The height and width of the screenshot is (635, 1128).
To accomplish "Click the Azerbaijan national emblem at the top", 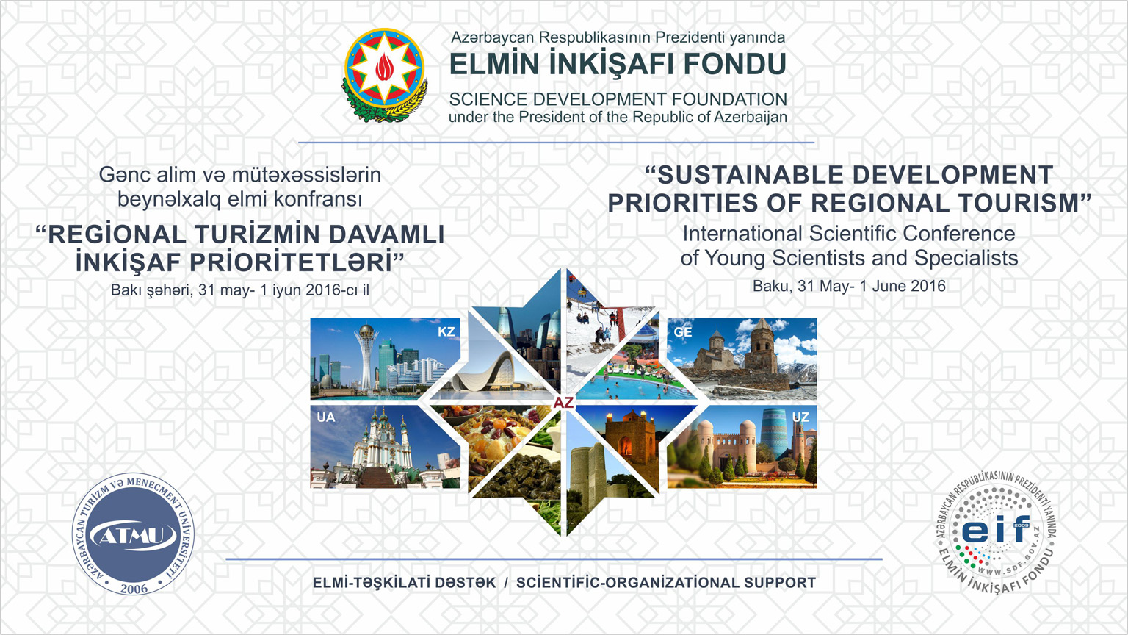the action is click(x=386, y=74).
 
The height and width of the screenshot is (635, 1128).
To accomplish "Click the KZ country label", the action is click(x=446, y=331).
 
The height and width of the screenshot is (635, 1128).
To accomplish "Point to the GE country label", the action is click(x=683, y=332).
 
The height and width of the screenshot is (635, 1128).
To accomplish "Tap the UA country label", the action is click(x=326, y=417).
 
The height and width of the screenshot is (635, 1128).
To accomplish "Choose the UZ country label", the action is click(x=800, y=417).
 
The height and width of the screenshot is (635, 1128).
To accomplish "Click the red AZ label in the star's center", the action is click(x=563, y=403).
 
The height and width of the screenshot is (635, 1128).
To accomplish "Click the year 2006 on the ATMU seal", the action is click(x=134, y=588).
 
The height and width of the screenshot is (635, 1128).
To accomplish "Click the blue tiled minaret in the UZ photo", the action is click(x=775, y=432).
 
